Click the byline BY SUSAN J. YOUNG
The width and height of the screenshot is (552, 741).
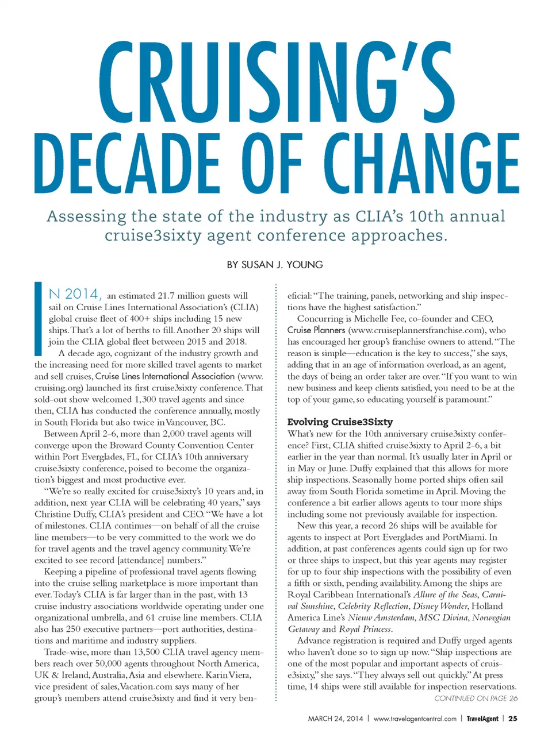pyautogui.click(x=275, y=265)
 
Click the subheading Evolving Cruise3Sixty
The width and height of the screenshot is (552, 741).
pyautogui.click(x=340, y=422)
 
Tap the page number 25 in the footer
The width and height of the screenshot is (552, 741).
pyautogui.click(x=512, y=719)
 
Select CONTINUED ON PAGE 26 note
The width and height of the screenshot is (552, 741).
pyautogui.click(x=476, y=698)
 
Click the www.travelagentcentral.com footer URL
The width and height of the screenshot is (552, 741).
pyautogui.click(x=415, y=719)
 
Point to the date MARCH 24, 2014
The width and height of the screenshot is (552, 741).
pyautogui.click(x=335, y=719)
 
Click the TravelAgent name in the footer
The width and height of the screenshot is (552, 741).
pyautogui.click(x=482, y=719)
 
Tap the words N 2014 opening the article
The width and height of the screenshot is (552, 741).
pyautogui.click(x=75, y=295)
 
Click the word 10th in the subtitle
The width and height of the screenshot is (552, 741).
pyautogui.click(x=426, y=217)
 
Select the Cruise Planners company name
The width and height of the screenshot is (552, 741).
pyautogui.click(x=316, y=330)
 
